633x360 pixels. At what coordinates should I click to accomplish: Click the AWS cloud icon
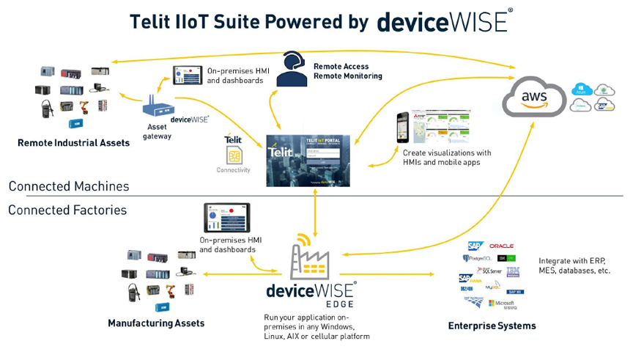[x=534, y=98]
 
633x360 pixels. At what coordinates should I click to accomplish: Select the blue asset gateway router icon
[x=155, y=108]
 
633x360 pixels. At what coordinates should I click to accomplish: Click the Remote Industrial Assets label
[x=73, y=143]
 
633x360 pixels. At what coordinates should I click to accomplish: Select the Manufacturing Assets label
[x=156, y=323]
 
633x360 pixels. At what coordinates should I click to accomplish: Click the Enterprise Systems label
[x=492, y=326]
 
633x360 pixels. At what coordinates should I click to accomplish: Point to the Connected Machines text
[x=69, y=186]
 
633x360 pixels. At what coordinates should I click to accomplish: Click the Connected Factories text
[x=67, y=210]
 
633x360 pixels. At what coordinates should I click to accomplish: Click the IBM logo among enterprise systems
[x=513, y=271]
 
